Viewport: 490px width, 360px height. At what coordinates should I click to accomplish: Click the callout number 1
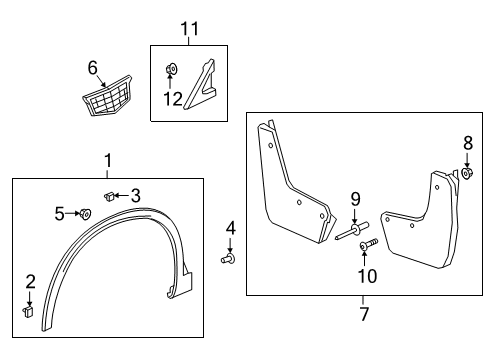[108, 160]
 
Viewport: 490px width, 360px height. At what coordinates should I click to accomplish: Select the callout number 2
[29, 281]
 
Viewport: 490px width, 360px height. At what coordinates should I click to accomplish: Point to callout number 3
[137, 195]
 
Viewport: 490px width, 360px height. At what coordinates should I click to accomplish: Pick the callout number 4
[230, 229]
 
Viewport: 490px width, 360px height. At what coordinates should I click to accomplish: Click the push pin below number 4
[228, 259]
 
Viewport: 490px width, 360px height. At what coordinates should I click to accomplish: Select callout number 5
[59, 212]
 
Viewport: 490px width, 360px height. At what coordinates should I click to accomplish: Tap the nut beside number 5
[84, 213]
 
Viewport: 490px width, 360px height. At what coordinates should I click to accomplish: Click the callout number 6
[92, 67]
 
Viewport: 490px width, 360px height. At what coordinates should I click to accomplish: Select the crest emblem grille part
[111, 101]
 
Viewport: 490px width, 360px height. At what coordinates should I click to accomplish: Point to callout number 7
[364, 314]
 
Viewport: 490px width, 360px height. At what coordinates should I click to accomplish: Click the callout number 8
[467, 143]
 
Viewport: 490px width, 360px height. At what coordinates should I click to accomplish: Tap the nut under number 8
[467, 175]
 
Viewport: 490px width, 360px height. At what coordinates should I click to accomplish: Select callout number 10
[365, 274]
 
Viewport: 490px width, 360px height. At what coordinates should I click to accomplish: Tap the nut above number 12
[171, 69]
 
